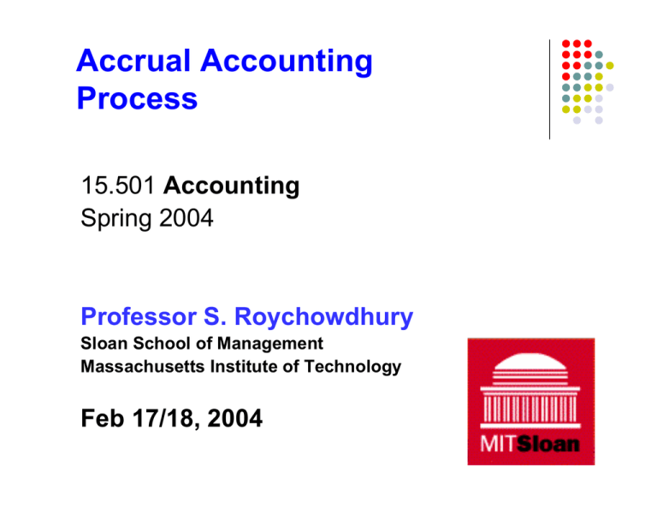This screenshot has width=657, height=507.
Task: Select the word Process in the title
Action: pos(137,99)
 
